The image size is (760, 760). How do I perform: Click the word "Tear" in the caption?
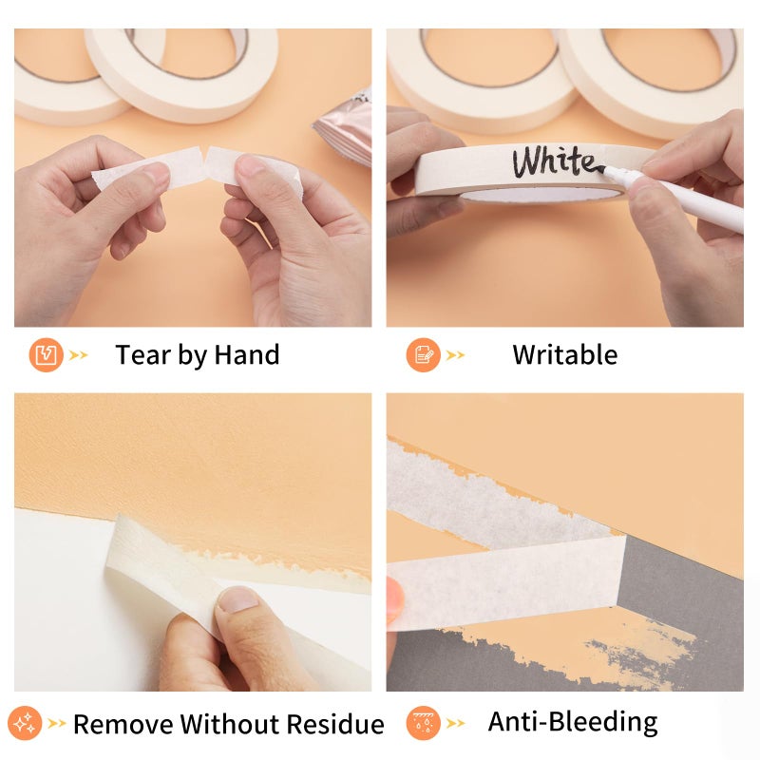coord(142,354)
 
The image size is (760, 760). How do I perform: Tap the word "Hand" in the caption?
coord(247,354)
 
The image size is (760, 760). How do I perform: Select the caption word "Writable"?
coord(565,354)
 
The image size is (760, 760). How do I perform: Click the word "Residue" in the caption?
coord(335,724)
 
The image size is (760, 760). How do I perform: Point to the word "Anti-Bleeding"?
coord(573,722)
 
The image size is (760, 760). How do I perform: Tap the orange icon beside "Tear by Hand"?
coord(46,354)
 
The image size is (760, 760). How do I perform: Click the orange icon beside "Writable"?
coord(423,354)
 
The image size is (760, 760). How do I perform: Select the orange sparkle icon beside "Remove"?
coord(25,723)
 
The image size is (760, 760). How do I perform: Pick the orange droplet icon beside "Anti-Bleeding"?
coord(423,723)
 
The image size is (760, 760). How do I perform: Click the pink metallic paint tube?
coord(345,128)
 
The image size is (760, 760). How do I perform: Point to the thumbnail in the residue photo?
coord(237,600)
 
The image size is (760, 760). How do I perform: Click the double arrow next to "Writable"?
coord(456,355)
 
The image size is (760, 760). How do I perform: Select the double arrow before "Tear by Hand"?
coord(79,355)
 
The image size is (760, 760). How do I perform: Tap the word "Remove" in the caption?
coord(123,724)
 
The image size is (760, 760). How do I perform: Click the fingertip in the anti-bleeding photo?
coord(395,601)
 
